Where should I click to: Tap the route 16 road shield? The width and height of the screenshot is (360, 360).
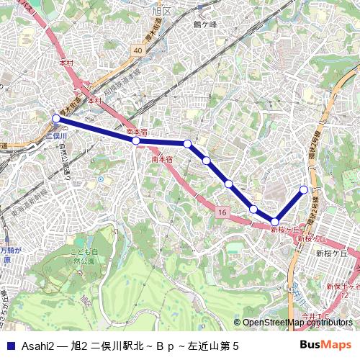point(222,212)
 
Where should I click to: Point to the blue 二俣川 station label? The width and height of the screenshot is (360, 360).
point(56,135)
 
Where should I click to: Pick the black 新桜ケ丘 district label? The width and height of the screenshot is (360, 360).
point(331,253)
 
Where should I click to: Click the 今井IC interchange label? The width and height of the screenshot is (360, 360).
point(315,315)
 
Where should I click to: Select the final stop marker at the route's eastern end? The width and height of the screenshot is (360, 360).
point(304,189)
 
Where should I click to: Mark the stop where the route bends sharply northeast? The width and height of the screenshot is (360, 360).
point(275,222)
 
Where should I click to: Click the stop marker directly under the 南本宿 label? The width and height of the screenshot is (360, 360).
point(135,141)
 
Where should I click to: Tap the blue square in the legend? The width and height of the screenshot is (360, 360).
point(9,346)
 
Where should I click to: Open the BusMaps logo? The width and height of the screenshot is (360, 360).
point(325,345)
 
